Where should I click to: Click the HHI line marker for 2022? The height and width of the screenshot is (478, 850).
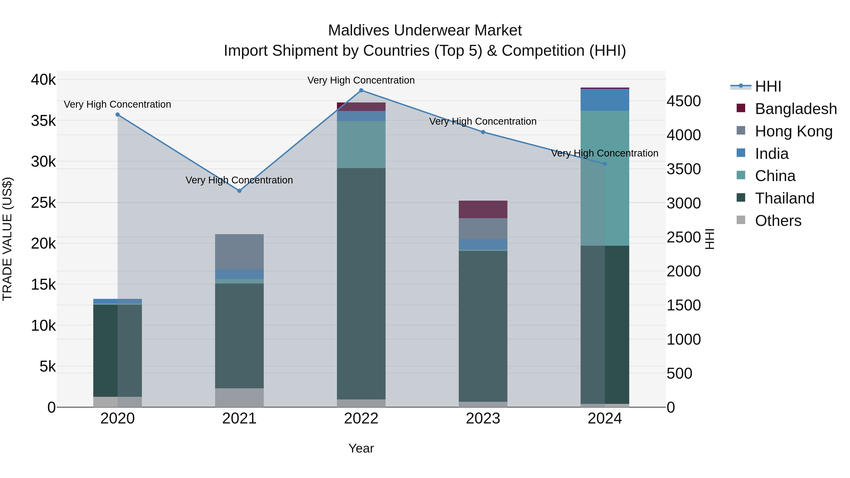click(361, 90)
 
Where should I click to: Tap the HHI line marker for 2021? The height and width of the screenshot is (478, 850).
click(239, 191)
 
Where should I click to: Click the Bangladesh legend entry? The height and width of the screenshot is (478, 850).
click(795, 109)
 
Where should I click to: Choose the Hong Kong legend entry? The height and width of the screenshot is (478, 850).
click(794, 131)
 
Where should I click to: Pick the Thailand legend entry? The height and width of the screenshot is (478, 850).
click(785, 198)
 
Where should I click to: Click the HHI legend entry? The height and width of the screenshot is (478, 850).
click(768, 86)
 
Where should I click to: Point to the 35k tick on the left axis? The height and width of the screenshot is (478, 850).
click(43, 121)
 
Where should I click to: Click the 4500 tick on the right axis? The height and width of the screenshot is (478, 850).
click(684, 101)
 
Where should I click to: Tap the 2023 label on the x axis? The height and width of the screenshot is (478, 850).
click(483, 419)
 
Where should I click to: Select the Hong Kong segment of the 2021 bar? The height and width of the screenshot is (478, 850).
click(239, 252)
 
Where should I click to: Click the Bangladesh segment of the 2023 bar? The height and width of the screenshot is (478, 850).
click(483, 209)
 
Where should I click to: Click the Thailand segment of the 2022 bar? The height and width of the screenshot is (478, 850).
click(361, 284)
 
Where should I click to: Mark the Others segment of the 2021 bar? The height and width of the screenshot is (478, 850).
click(239, 398)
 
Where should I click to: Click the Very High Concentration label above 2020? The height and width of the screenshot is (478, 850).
click(118, 104)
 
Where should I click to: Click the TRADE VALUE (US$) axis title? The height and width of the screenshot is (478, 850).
click(7, 239)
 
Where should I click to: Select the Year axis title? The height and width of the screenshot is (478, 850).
click(361, 448)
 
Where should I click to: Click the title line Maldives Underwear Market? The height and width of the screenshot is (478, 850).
click(425, 30)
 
